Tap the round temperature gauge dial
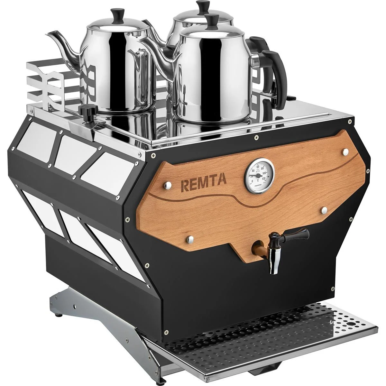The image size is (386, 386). (x=259, y=174)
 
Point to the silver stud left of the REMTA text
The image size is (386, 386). (x=167, y=185)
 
